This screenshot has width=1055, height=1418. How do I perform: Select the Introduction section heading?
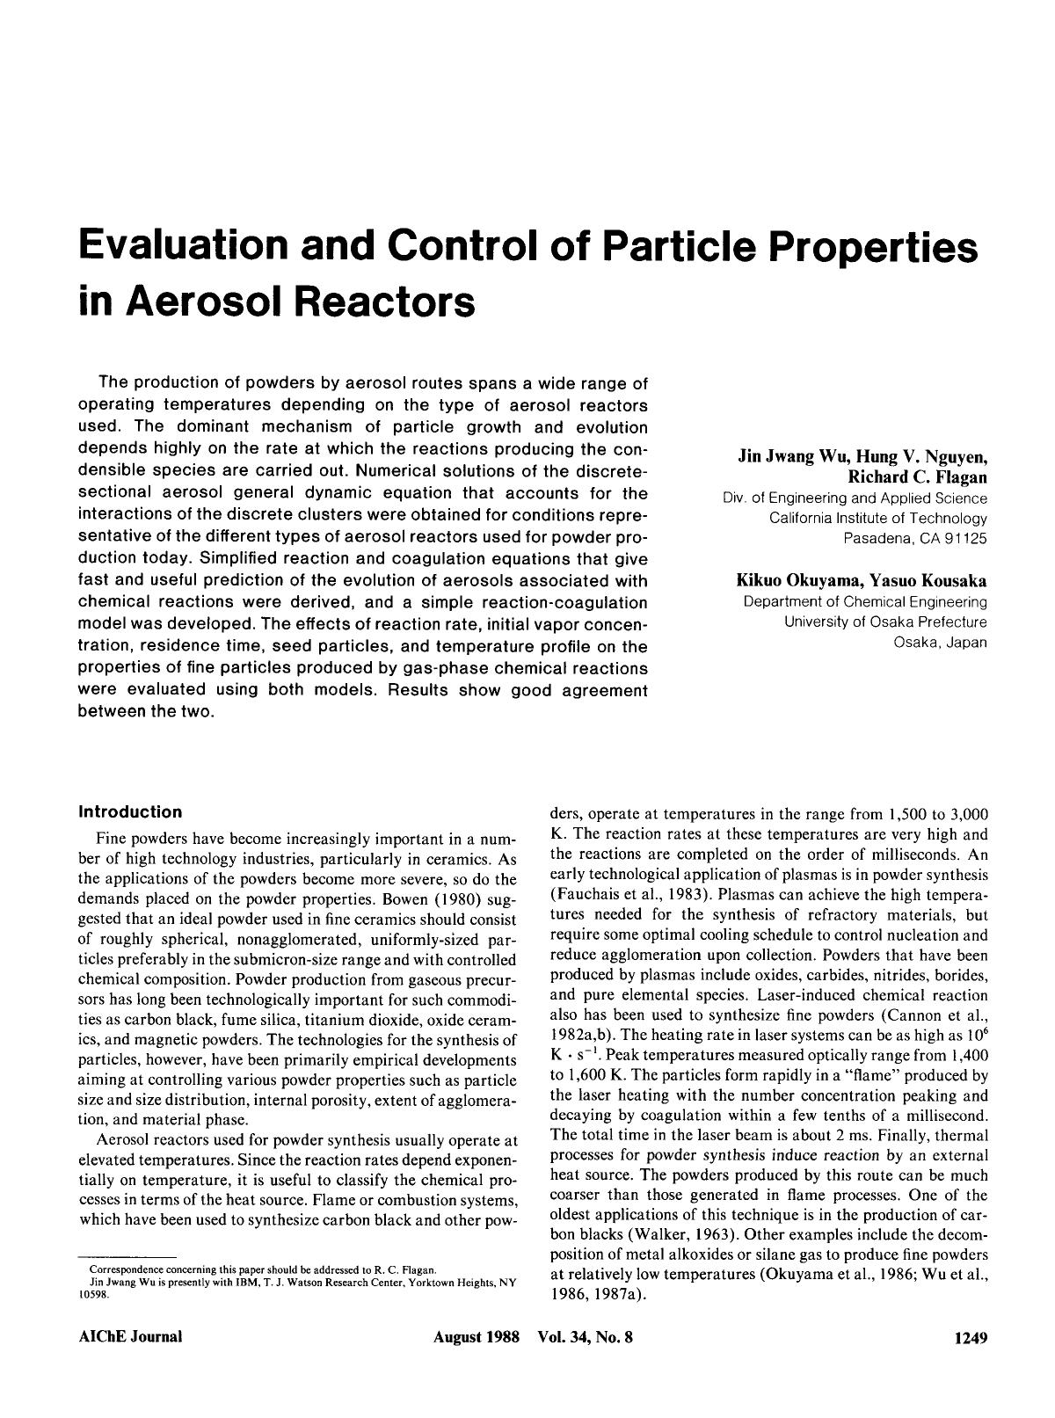point(130,811)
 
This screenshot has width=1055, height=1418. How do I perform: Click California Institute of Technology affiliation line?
point(877,519)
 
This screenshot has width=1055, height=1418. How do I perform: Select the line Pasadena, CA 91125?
point(915,538)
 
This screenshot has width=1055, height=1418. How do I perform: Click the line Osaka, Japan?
point(940,642)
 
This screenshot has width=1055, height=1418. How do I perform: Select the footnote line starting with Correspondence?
point(258,1269)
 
